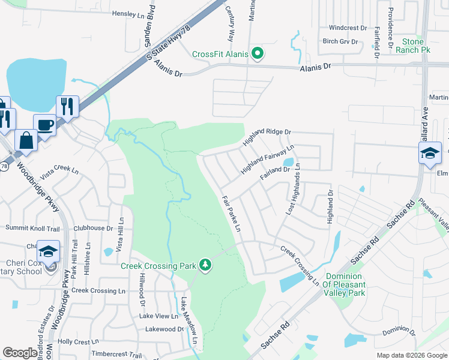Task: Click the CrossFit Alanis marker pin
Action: (x=258, y=54)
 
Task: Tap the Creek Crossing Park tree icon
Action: (x=206, y=265)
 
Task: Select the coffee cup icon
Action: (x=44, y=125)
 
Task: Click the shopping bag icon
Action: (x=26, y=141)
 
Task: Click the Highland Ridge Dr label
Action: (x=267, y=137)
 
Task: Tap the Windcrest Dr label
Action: (x=348, y=28)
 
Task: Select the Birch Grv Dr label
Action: (x=340, y=41)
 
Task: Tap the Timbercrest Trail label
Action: (x=116, y=355)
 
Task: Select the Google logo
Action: (x=20, y=353)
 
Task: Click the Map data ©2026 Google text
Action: (x=412, y=355)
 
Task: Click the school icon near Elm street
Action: (x=430, y=154)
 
